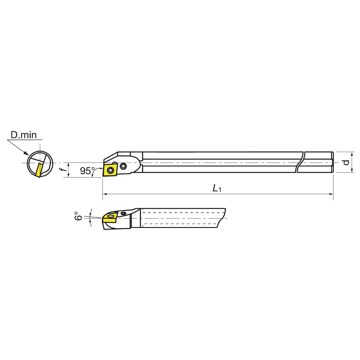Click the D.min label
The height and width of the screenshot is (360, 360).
(24, 135)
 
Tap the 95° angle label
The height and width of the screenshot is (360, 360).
(88, 171)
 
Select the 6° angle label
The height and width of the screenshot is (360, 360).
(78, 216)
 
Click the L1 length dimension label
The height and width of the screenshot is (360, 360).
(217, 188)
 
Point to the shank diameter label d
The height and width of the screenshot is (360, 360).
(346, 162)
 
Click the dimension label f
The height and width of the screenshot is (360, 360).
(63, 170)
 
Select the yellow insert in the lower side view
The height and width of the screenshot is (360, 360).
(109, 218)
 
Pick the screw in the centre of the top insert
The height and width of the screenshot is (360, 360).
(110, 170)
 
